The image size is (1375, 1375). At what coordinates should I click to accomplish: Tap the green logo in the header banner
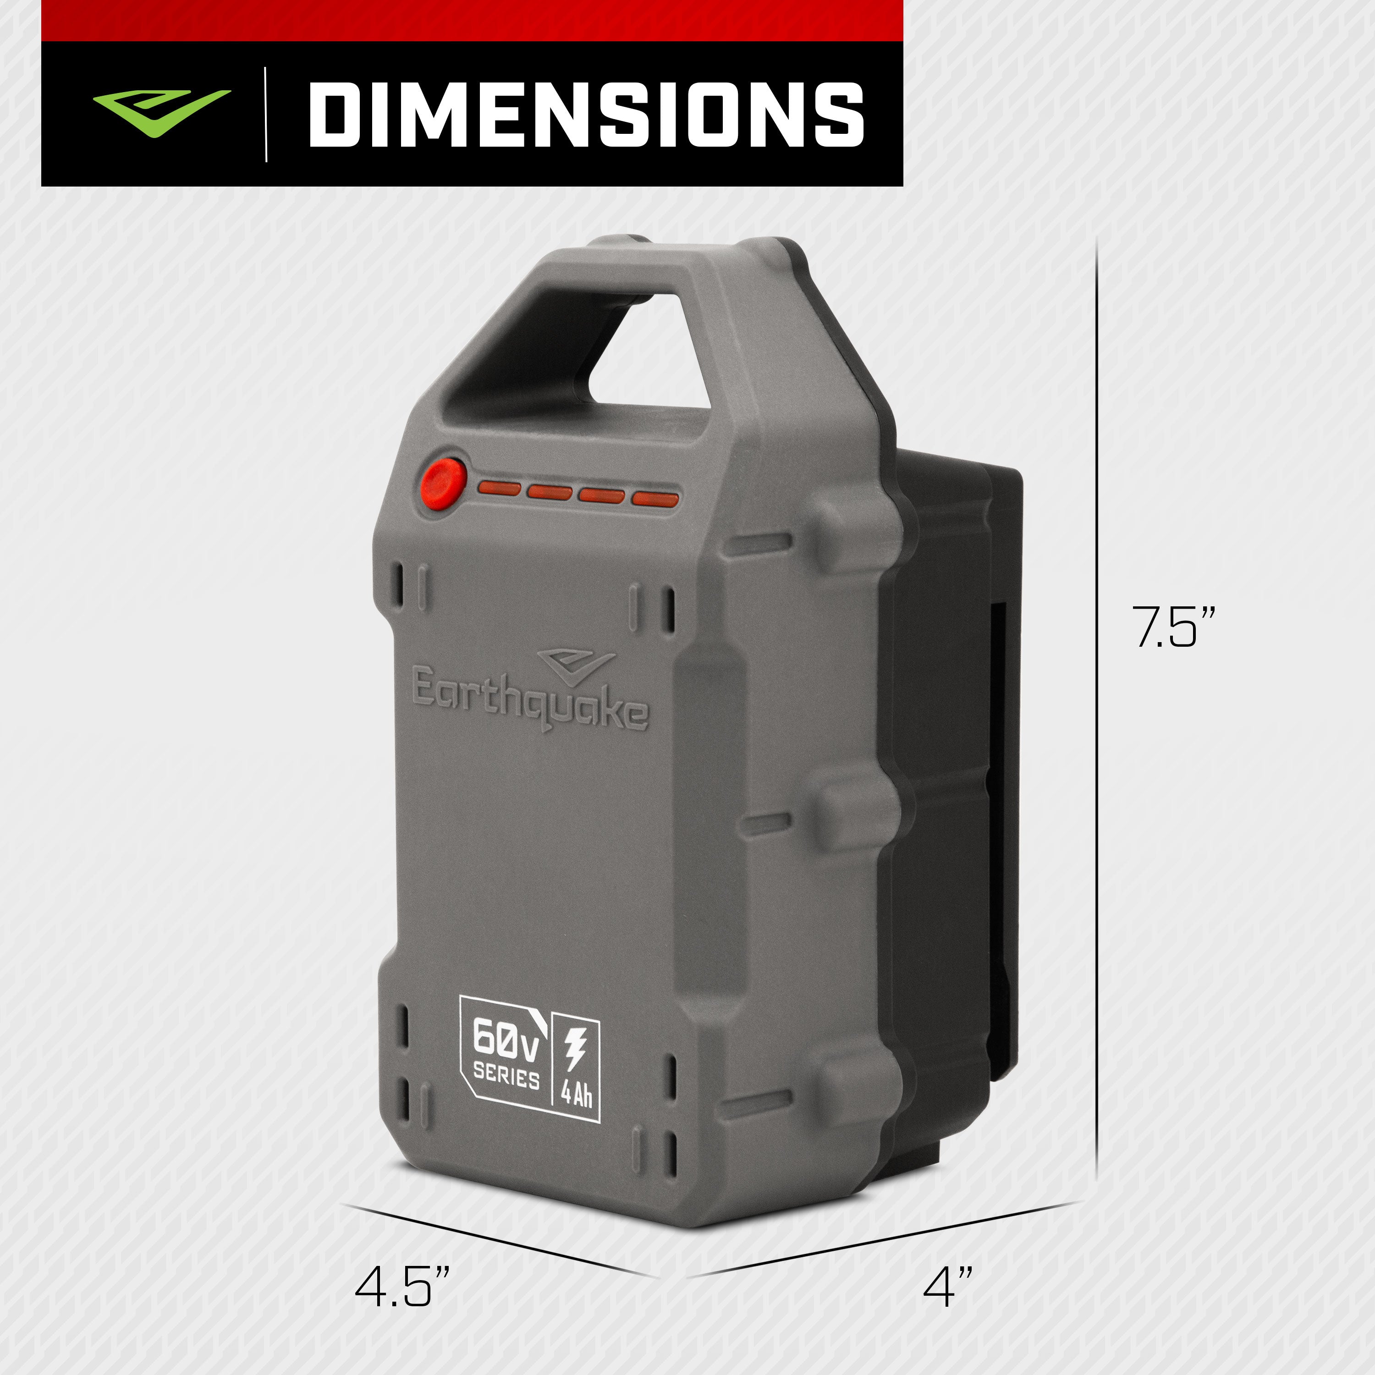click(x=161, y=111)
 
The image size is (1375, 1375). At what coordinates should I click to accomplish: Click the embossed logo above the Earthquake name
click(x=575, y=663)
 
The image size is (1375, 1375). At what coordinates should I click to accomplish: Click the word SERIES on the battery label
click(x=506, y=1075)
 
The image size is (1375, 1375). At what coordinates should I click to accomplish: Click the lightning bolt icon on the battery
click(x=574, y=1049)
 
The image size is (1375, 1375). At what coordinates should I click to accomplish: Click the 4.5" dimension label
click(x=402, y=1287)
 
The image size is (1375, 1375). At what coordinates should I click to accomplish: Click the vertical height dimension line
click(x=1096, y=712)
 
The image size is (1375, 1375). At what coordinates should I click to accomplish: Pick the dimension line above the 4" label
click(x=882, y=1238)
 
